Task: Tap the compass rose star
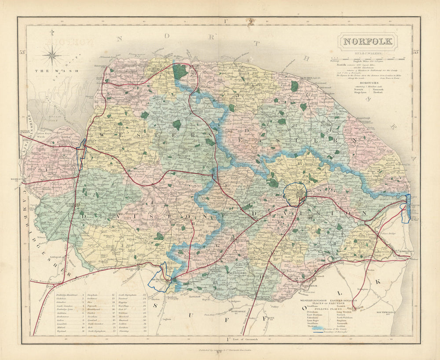[52, 55]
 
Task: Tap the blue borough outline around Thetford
[158, 278]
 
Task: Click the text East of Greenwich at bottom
[242, 339]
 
